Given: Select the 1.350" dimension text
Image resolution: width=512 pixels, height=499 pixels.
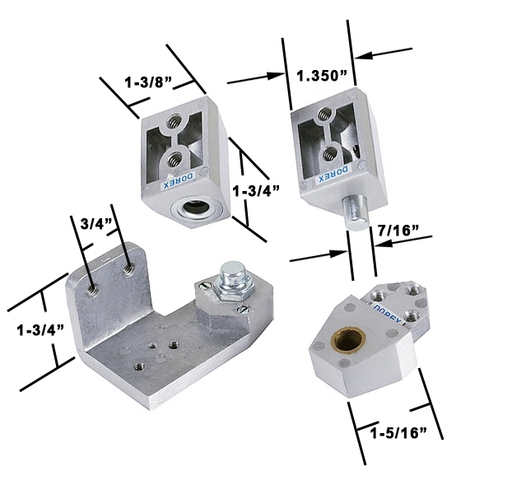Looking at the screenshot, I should [x=323, y=76].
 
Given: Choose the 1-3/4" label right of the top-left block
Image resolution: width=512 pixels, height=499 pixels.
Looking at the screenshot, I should [x=258, y=190].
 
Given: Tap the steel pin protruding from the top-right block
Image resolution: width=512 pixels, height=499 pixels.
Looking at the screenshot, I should [x=355, y=212].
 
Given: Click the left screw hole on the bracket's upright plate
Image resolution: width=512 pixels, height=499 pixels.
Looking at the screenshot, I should [x=91, y=287].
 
